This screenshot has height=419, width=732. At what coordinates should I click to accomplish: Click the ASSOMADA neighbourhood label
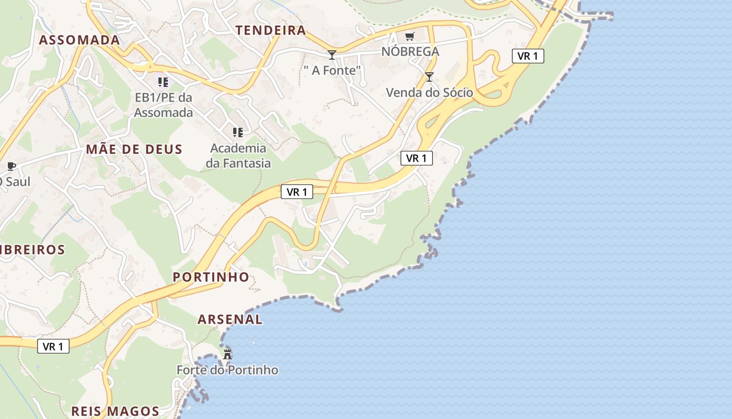point(79,40)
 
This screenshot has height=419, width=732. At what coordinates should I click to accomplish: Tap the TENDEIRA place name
point(271,30)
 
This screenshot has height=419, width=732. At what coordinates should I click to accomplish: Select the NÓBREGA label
point(410,51)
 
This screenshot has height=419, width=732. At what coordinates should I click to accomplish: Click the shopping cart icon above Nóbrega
point(410,36)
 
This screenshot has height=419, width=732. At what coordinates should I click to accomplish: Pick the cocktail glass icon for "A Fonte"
point(331,54)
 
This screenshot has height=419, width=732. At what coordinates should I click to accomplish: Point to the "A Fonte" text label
point(333,70)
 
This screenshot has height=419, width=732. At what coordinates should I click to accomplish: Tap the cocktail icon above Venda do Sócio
point(429,77)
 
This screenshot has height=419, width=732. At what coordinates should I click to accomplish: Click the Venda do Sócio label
point(429,93)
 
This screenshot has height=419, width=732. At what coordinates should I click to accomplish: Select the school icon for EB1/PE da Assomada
point(164,82)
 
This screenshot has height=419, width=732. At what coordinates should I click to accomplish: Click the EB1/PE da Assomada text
point(164,105)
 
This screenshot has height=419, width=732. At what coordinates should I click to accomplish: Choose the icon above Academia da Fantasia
point(238,132)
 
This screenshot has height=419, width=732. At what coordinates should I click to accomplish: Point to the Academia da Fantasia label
point(238,156)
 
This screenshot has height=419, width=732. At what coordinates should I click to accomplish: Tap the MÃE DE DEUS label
point(134,149)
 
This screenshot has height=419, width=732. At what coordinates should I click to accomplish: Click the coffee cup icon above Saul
point(11,167)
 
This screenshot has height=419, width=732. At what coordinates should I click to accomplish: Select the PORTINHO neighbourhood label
point(211,277)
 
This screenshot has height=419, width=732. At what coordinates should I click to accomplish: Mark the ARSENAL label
point(230,319)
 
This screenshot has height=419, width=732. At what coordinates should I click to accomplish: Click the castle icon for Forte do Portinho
point(227,354)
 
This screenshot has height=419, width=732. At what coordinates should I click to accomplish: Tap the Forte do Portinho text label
point(227,370)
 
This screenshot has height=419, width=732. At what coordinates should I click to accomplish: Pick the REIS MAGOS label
point(115,411)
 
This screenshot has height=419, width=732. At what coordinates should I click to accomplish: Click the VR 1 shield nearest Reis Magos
point(53,346)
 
